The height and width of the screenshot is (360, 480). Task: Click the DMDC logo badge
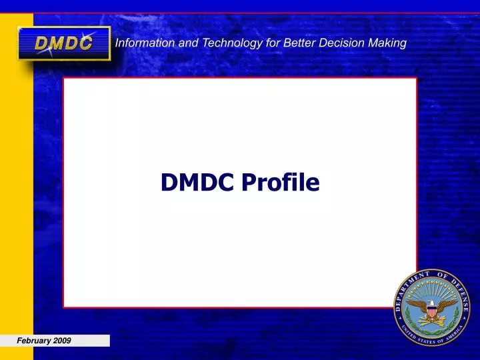[x=64, y=43]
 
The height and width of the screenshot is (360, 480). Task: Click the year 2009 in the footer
[x=63, y=341]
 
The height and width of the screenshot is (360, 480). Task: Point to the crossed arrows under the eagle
[x=434, y=321]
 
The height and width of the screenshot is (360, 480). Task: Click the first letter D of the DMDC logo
[x=42, y=44]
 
